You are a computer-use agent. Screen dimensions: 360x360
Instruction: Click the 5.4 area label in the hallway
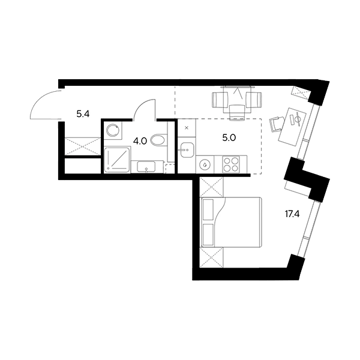83,114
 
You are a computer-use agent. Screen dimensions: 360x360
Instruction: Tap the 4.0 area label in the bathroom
140,141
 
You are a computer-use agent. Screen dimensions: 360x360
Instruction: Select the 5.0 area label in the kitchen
229,138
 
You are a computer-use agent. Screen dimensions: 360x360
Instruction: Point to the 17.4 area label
292,214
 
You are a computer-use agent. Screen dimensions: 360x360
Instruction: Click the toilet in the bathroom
159,140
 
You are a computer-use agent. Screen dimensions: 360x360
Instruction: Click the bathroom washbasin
146,167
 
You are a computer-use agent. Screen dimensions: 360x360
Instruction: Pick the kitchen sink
187,150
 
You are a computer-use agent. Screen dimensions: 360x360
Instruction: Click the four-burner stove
231,164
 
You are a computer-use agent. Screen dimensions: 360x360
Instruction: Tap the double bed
231,222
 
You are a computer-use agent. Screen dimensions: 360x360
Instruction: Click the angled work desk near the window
292,127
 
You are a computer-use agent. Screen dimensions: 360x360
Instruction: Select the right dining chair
254,100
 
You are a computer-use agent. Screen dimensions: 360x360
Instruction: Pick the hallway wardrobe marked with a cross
83,146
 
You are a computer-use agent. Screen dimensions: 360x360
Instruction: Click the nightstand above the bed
211,187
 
